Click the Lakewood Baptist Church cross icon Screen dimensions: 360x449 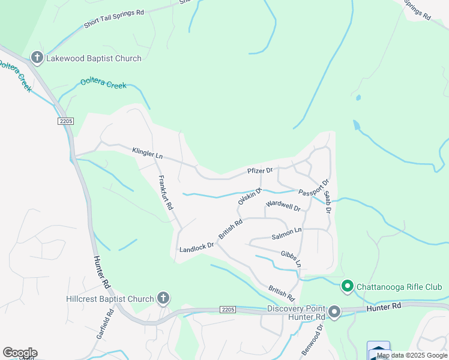click(37, 58)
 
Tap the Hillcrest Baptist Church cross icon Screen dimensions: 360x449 click(163, 298)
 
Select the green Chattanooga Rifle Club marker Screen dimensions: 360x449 click(347, 287)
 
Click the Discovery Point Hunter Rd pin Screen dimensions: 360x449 click(334, 312)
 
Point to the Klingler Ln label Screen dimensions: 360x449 click(147, 152)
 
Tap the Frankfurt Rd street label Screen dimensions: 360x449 click(165, 192)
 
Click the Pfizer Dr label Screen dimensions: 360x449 click(260, 171)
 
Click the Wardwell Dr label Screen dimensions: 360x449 click(283, 206)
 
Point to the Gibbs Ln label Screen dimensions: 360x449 click(291, 259)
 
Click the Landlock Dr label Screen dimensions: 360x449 click(196, 247)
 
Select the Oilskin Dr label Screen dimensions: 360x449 click(250, 196)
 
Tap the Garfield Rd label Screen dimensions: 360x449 click(104, 325)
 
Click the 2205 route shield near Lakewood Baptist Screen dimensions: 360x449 click(66, 121)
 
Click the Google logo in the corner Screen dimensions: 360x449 click(19, 353)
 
